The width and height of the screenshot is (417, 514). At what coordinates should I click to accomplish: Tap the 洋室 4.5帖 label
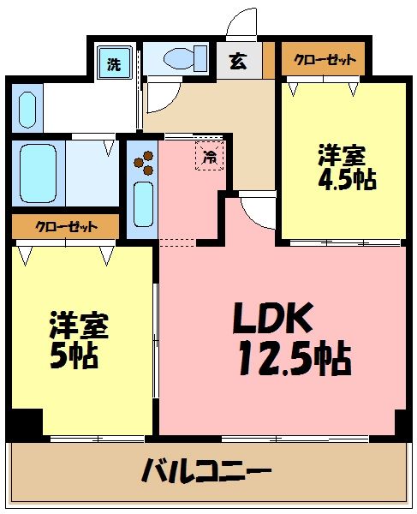click(x=343, y=167)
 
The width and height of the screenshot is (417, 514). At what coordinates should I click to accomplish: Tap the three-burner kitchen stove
click(x=143, y=163)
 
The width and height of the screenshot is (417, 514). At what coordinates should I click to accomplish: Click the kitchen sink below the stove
click(x=142, y=206)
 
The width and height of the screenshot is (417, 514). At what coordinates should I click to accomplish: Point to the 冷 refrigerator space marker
click(x=209, y=155)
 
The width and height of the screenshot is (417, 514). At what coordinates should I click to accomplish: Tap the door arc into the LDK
click(x=254, y=208)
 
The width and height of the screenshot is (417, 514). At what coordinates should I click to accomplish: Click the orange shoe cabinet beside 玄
click(x=268, y=60)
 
